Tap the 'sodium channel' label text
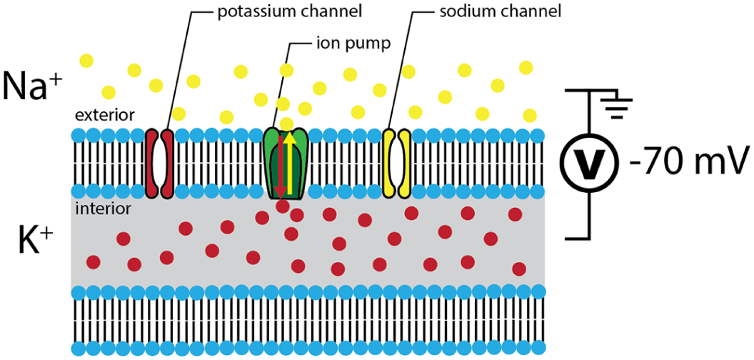coord(500,12)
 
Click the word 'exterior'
coord(104,116)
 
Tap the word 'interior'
coord(104,209)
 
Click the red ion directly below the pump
coord(283,206)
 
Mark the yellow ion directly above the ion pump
coord(286,123)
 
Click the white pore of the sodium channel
coord(397,163)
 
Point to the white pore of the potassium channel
coord(159,163)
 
